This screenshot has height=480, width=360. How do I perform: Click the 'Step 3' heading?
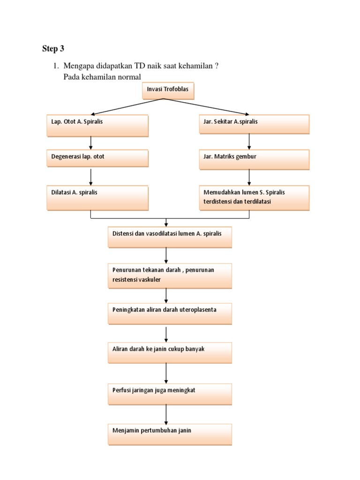(52, 49)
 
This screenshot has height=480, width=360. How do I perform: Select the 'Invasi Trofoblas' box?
(168, 91)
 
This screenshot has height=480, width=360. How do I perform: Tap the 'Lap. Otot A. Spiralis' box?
(97, 125)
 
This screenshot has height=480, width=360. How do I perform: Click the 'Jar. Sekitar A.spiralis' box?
(254, 124)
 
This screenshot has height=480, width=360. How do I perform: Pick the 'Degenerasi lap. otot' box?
(97, 158)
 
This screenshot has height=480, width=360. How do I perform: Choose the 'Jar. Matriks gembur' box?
(254, 159)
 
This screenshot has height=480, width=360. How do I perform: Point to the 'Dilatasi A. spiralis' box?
(97, 197)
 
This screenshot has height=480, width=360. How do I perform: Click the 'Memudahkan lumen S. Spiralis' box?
(254, 197)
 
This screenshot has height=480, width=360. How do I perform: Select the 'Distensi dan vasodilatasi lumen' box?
(170, 237)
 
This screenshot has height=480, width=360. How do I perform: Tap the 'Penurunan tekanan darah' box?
(170, 276)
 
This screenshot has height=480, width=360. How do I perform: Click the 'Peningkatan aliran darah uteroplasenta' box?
(170, 314)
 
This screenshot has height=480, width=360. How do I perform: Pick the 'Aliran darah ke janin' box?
(170, 352)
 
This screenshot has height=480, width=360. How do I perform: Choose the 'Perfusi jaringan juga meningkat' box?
(170, 394)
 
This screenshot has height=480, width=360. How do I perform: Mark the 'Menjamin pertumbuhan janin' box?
(170, 435)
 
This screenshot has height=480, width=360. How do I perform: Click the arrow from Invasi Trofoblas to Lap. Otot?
(127, 107)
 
